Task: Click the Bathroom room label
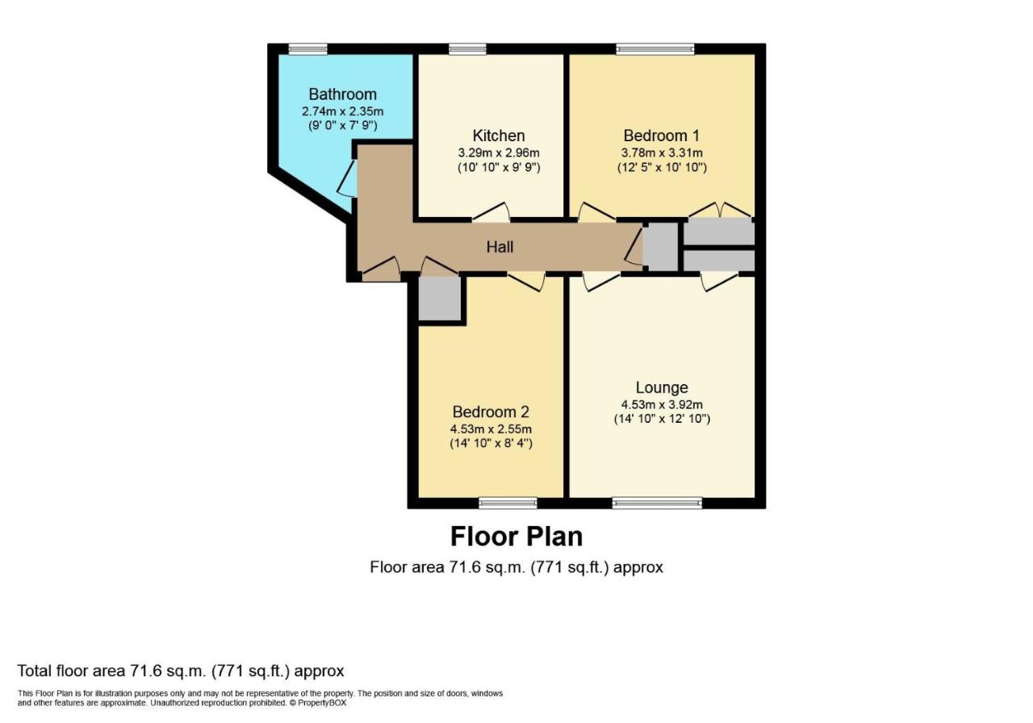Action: click(x=343, y=94)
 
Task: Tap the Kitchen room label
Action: click(x=499, y=136)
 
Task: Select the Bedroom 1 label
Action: click(x=661, y=136)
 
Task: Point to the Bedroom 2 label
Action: click(x=491, y=412)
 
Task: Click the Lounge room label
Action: click(x=662, y=387)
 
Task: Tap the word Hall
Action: click(x=500, y=247)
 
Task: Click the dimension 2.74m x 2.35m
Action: click(x=343, y=111)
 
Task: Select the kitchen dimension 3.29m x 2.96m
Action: click(x=499, y=153)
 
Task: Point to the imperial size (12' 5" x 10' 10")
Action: click(x=662, y=167)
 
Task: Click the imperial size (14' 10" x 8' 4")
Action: click(x=491, y=443)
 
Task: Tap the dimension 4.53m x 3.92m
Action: click(x=662, y=405)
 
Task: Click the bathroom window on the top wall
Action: click(x=308, y=49)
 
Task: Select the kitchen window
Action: click(x=467, y=49)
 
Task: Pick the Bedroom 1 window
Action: click(x=655, y=49)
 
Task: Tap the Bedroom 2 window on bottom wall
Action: click(x=508, y=503)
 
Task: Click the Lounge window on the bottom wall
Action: click(x=657, y=503)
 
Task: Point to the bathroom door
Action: click(x=348, y=179)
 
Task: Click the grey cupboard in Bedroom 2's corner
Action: click(x=440, y=298)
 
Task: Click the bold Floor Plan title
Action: click(x=516, y=537)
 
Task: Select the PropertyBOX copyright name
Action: click(x=322, y=703)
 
